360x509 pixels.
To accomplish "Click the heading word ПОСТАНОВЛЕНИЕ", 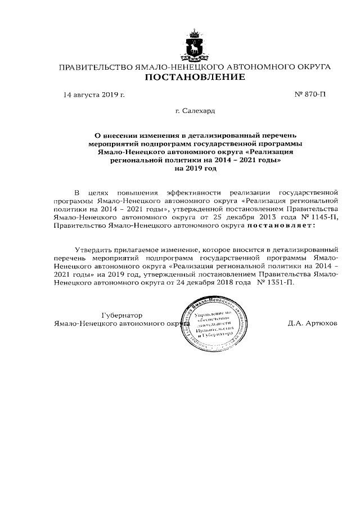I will pos(195,77).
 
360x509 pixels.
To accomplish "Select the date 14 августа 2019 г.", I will pos(94,94).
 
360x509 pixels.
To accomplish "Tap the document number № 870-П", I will pos(310,94).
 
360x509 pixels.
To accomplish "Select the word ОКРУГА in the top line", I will pos(312,67).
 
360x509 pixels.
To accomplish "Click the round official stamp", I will pos(211,325).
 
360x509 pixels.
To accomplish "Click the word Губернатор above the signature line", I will pos(122,315).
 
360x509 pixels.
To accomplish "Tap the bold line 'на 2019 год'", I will pos(195,168).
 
